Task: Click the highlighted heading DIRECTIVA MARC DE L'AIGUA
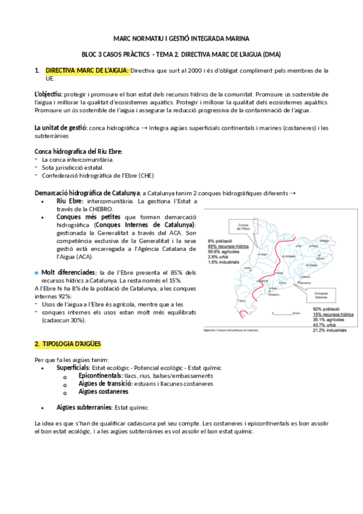click(87, 70)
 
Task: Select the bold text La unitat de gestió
click(61, 128)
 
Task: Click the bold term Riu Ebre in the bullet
click(70, 201)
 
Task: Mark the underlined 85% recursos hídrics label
click(228, 247)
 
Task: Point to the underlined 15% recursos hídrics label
click(333, 315)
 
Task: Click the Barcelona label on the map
click(306, 284)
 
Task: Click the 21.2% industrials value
click(333, 330)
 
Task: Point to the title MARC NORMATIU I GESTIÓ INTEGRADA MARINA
click(181, 38)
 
